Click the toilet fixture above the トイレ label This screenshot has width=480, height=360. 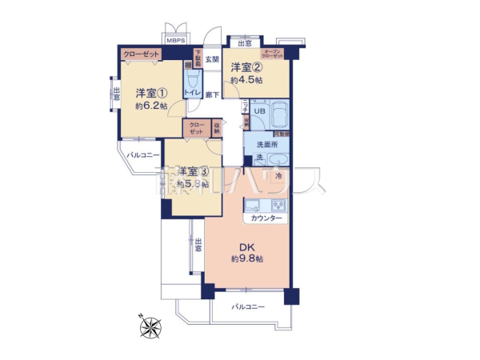coord(193,81)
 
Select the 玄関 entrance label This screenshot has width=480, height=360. coord(211,59)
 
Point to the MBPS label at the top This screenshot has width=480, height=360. coord(174,39)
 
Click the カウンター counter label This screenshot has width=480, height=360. coord(266,218)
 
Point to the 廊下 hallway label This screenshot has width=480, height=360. coord(213,94)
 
